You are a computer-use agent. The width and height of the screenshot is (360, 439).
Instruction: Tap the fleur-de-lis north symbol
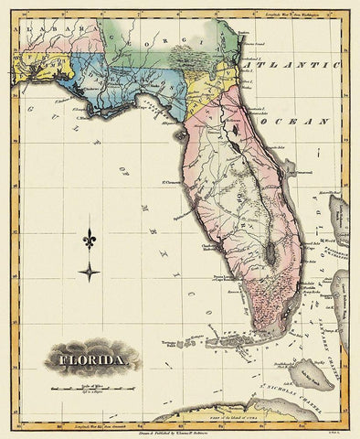(x=90, y=241)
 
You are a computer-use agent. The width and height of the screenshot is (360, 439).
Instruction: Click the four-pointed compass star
(x=90, y=271)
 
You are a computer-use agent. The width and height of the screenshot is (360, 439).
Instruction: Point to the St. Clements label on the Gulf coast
(x=171, y=189)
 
